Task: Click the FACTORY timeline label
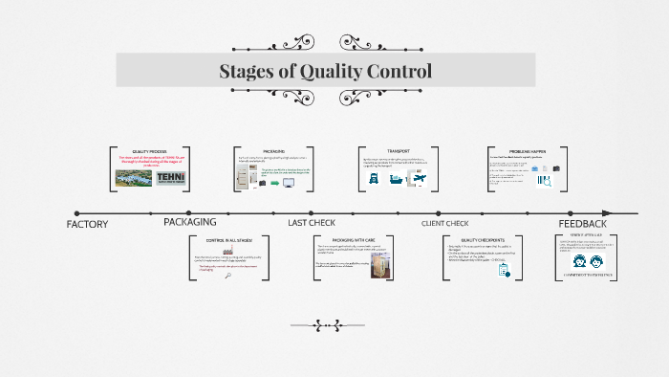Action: [87, 224]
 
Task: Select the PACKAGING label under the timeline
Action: [189, 222]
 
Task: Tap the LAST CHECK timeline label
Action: [312, 222]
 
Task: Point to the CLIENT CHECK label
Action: [444, 223]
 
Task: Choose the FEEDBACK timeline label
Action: [582, 223]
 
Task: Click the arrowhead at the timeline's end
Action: [634, 212]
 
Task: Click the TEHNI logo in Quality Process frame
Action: [173, 180]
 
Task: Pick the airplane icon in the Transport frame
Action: [418, 179]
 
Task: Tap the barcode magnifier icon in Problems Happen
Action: [544, 180]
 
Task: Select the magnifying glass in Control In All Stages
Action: [227, 275]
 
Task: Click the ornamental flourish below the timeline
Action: [334, 322]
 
